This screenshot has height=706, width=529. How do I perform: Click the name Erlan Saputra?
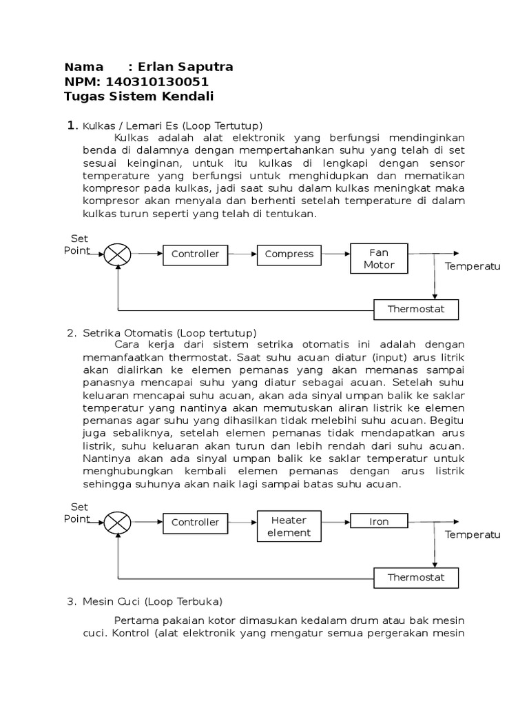pyautogui.click(x=185, y=67)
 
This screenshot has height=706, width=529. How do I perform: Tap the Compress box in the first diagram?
pyautogui.click(x=289, y=254)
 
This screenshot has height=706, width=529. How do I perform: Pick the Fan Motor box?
pyautogui.click(x=379, y=259)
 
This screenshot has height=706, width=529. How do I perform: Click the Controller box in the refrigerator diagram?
pyautogui.click(x=195, y=254)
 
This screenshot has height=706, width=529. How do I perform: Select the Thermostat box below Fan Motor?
pyautogui.click(x=415, y=309)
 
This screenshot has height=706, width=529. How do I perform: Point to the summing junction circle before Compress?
pyautogui.click(x=118, y=254)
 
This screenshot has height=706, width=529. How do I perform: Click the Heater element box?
pyautogui.click(x=289, y=526)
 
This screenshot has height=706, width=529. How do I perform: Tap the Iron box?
pyautogui.click(x=379, y=522)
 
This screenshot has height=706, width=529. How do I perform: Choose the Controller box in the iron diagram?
pyautogui.click(x=195, y=523)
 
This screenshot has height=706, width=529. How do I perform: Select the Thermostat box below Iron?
pyautogui.click(x=415, y=577)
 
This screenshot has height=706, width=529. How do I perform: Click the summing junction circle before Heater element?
pyautogui.click(x=118, y=523)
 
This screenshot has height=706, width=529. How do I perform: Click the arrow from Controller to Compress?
pyautogui.click(x=242, y=254)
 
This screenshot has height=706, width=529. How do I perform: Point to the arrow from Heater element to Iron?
pyautogui.click(x=336, y=523)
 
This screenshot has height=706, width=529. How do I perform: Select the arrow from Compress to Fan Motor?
pyautogui.click(x=336, y=254)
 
